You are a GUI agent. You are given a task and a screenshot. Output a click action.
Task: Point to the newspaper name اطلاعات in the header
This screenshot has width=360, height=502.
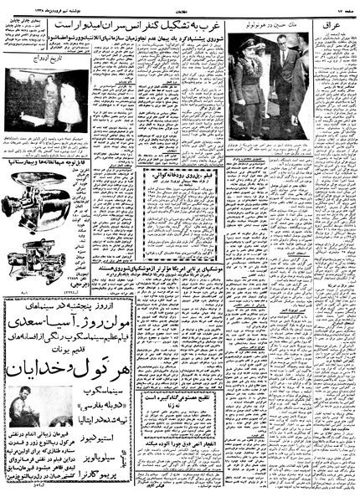180,6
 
